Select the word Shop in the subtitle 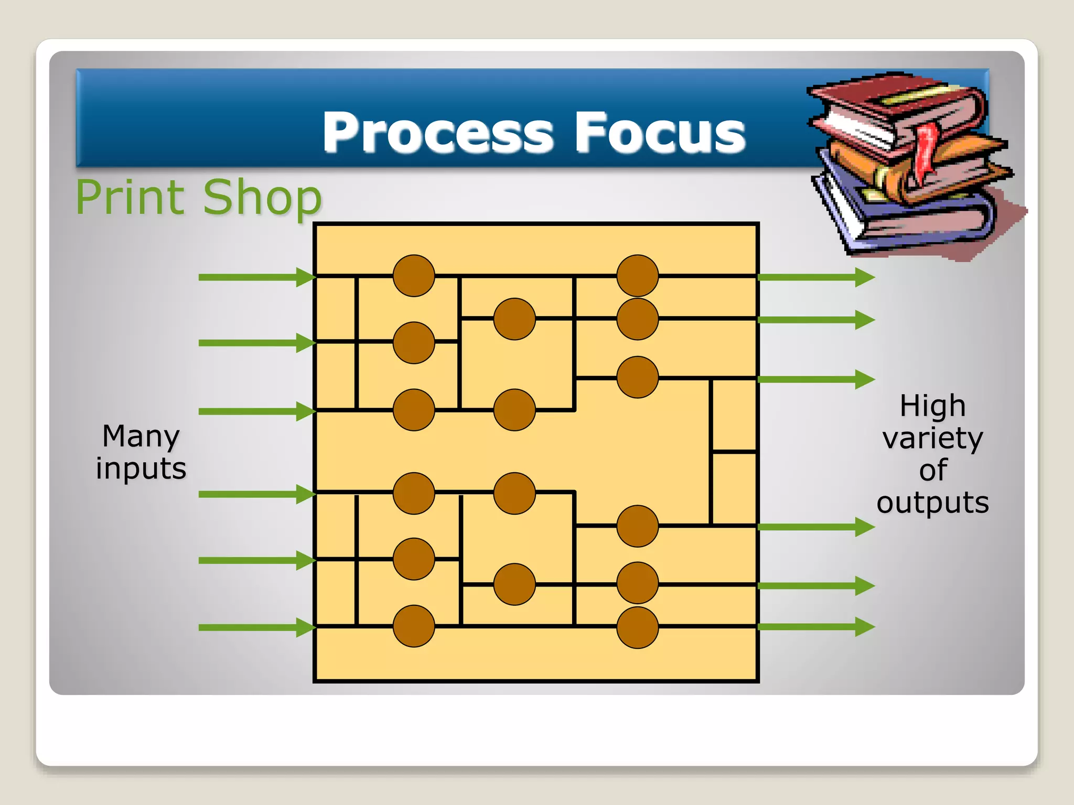coord(262,198)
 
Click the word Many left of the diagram coord(141,436)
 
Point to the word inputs coord(141,468)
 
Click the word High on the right coord(932,406)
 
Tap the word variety coord(932,438)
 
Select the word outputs coord(932,503)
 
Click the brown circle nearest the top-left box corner coord(414,276)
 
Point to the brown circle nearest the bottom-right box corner coord(637,627)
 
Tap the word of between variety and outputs coord(932,470)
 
